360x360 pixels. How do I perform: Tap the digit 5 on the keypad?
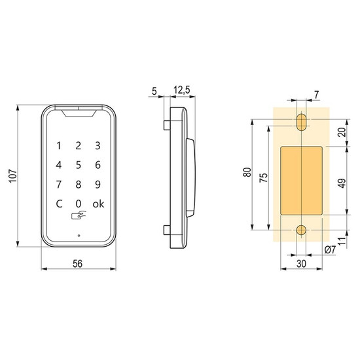click(79, 165)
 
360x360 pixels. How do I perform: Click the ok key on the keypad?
click(98, 204)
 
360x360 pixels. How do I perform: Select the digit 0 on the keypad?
click(79, 204)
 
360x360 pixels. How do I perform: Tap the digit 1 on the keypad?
click(59, 146)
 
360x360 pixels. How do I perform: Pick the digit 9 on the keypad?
click(98, 185)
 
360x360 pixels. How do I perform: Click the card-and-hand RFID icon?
click(79, 215)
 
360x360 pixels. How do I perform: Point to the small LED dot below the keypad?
click(79, 236)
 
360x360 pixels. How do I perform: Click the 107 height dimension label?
click(13, 176)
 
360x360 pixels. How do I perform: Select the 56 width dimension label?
click(77, 264)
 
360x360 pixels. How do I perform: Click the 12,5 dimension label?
click(182, 90)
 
